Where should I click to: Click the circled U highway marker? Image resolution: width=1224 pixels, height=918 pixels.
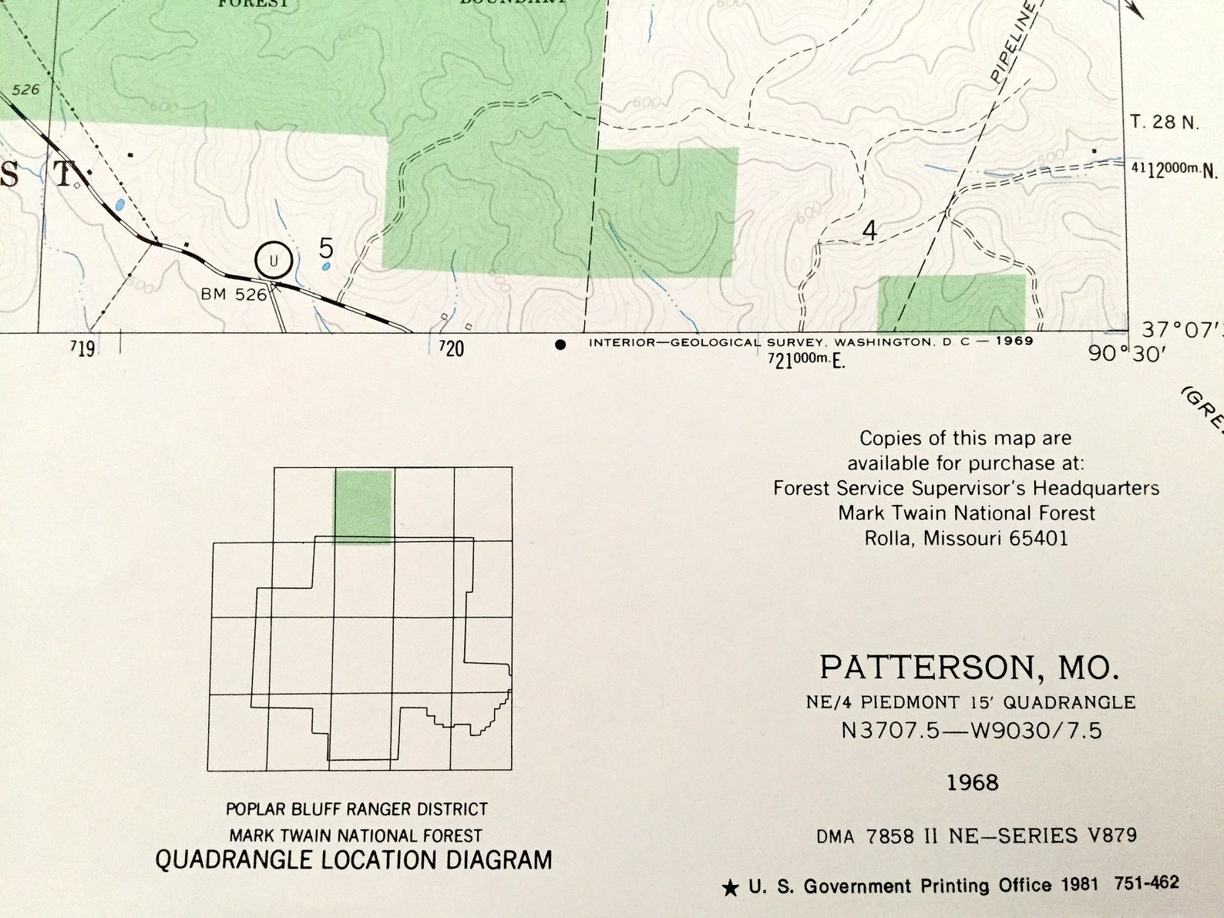(273, 261)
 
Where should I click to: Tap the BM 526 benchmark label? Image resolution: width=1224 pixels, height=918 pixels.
(233, 294)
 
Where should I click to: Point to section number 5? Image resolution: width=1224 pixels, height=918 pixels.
(326, 248)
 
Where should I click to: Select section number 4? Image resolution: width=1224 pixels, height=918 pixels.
(869, 230)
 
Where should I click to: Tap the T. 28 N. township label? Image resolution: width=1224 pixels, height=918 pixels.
(1164, 122)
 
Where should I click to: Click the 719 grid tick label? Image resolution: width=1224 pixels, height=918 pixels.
(82, 349)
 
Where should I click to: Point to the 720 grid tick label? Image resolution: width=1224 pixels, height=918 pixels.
(452, 349)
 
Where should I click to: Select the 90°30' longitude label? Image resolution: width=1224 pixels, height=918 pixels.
(1126, 354)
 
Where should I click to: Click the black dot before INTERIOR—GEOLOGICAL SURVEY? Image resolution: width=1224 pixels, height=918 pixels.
(560, 345)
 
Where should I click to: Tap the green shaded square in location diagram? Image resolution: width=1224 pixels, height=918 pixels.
(363, 506)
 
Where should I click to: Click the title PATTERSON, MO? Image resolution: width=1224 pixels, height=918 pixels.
(969, 667)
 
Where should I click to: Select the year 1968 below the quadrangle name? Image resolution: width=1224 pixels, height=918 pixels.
(972, 783)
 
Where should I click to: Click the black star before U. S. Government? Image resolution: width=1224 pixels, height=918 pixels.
(729, 889)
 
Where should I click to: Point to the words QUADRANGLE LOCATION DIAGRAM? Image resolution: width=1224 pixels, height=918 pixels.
(354, 860)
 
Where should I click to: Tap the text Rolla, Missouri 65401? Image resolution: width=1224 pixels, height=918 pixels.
(966, 538)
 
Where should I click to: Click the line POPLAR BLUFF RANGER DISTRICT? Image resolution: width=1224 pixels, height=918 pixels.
(356, 809)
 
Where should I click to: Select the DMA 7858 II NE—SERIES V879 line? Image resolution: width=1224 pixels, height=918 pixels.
(976, 836)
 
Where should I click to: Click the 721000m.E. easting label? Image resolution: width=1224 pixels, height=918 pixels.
(805, 359)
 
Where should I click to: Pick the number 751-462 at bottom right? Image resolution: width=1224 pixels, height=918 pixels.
(1146, 883)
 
